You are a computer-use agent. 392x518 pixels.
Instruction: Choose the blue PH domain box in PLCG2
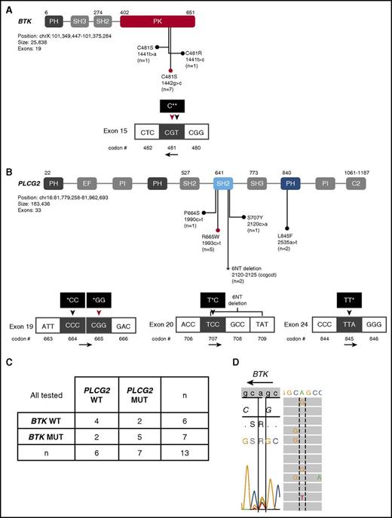pos(288,183)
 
